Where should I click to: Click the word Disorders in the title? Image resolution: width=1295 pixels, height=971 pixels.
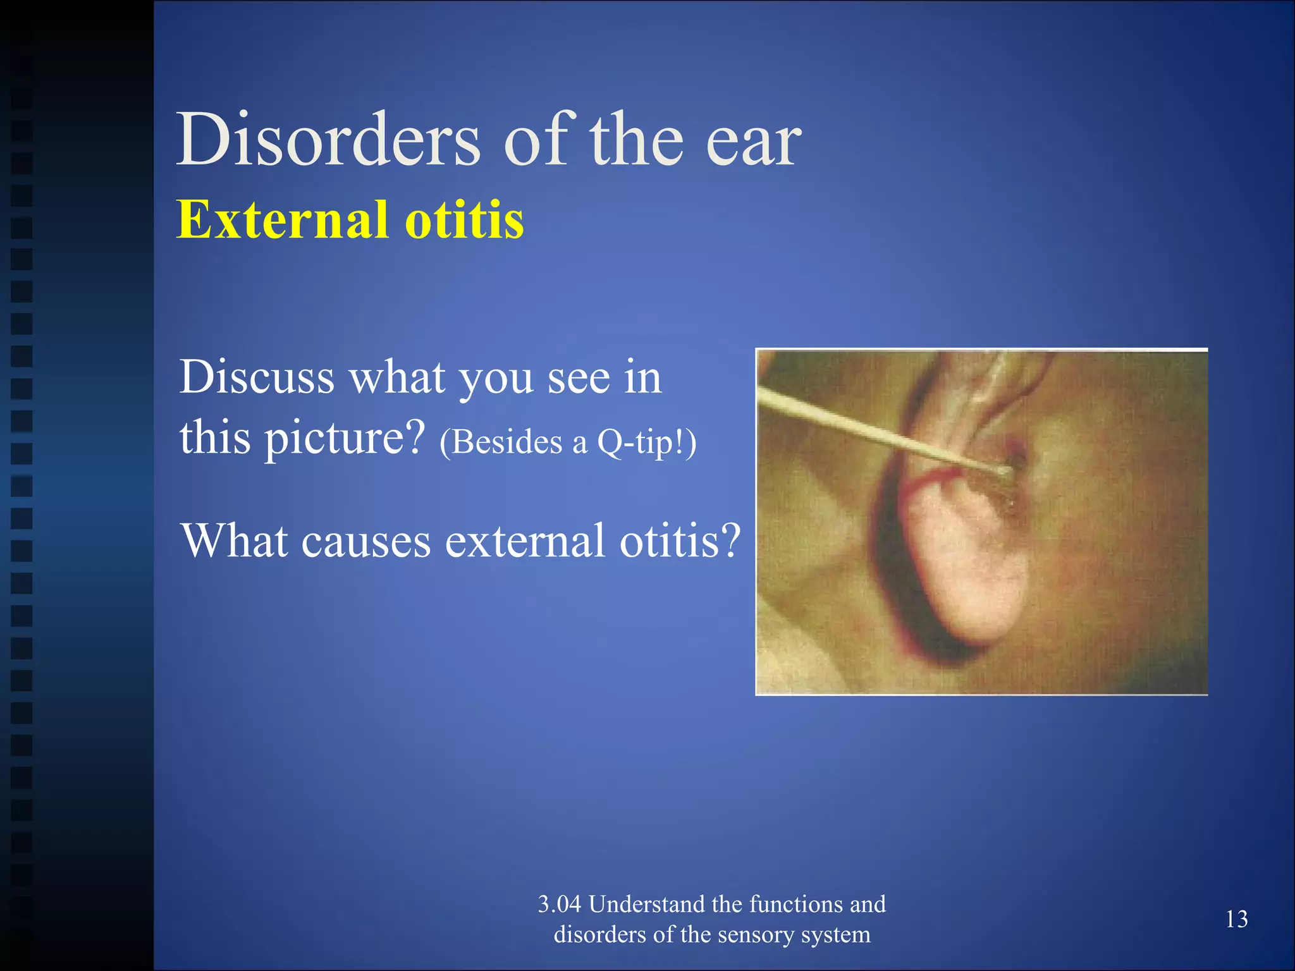pyautogui.click(x=329, y=140)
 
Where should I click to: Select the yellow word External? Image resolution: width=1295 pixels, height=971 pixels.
pyautogui.click(x=282, y=219)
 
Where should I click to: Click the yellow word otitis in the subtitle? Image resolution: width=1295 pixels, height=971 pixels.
pyautogui.click(x=464, y=219)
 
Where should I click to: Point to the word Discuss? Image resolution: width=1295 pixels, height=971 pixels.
pyautogui.click(x=257, y=377)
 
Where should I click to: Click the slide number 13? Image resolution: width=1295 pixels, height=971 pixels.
pyautogui.click(x=1236, y=919)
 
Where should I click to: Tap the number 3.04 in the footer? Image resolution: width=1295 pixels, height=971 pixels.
pyautogui.click(x=559, y=904)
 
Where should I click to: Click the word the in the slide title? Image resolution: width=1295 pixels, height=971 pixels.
pyautogui.click(x=636, y=140)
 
